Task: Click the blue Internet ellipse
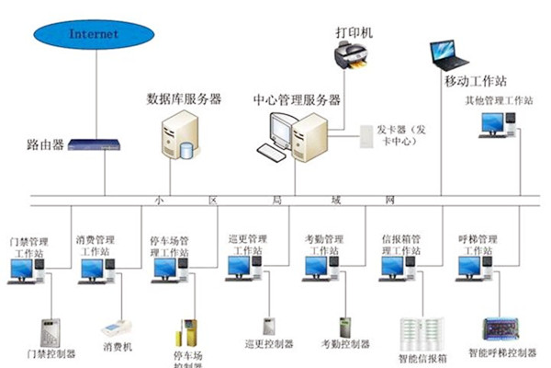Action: click(93, 35)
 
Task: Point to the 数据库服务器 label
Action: click(184, 98)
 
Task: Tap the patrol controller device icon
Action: click(270, 325)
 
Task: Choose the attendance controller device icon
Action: click(345, 327)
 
